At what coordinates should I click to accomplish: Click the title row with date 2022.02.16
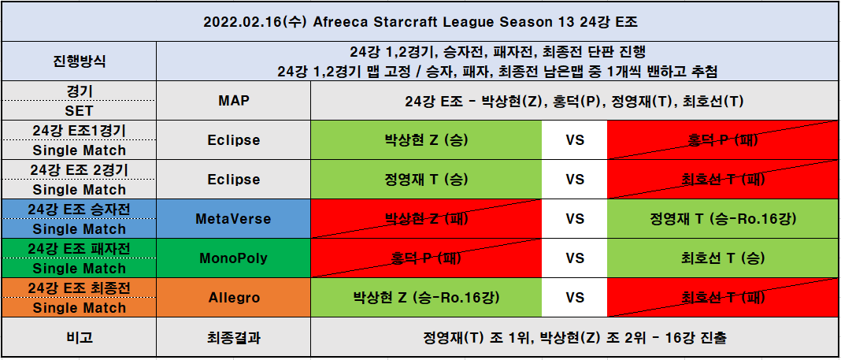tap(420, 22)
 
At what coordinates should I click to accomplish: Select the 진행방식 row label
tap(79, 61)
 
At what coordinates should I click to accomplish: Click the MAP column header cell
tap(233, 100)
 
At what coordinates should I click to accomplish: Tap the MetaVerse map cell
tap(233, 219)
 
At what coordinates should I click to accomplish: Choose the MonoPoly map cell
tap(233, 258)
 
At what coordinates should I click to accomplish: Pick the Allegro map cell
tap(233, 298)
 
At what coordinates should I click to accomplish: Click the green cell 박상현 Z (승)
tap(426, 140)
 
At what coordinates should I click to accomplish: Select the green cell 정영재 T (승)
tap(426, 179)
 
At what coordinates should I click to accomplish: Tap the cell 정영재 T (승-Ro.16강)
tap(723, 219)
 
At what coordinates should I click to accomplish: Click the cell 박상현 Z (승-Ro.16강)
tap(426, 298)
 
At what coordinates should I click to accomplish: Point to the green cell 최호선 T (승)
tap(723, 258)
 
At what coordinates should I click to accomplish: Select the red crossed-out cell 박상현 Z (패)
tap(426, 219)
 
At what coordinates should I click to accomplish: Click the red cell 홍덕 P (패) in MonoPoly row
tap(426, 258)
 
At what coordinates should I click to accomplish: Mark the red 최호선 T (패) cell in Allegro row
tap(723, 298)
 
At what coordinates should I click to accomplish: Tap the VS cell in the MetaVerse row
tap(574, 219)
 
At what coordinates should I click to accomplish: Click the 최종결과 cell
tap(233, 337)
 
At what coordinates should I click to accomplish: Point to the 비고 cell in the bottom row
tap(79, 337)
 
